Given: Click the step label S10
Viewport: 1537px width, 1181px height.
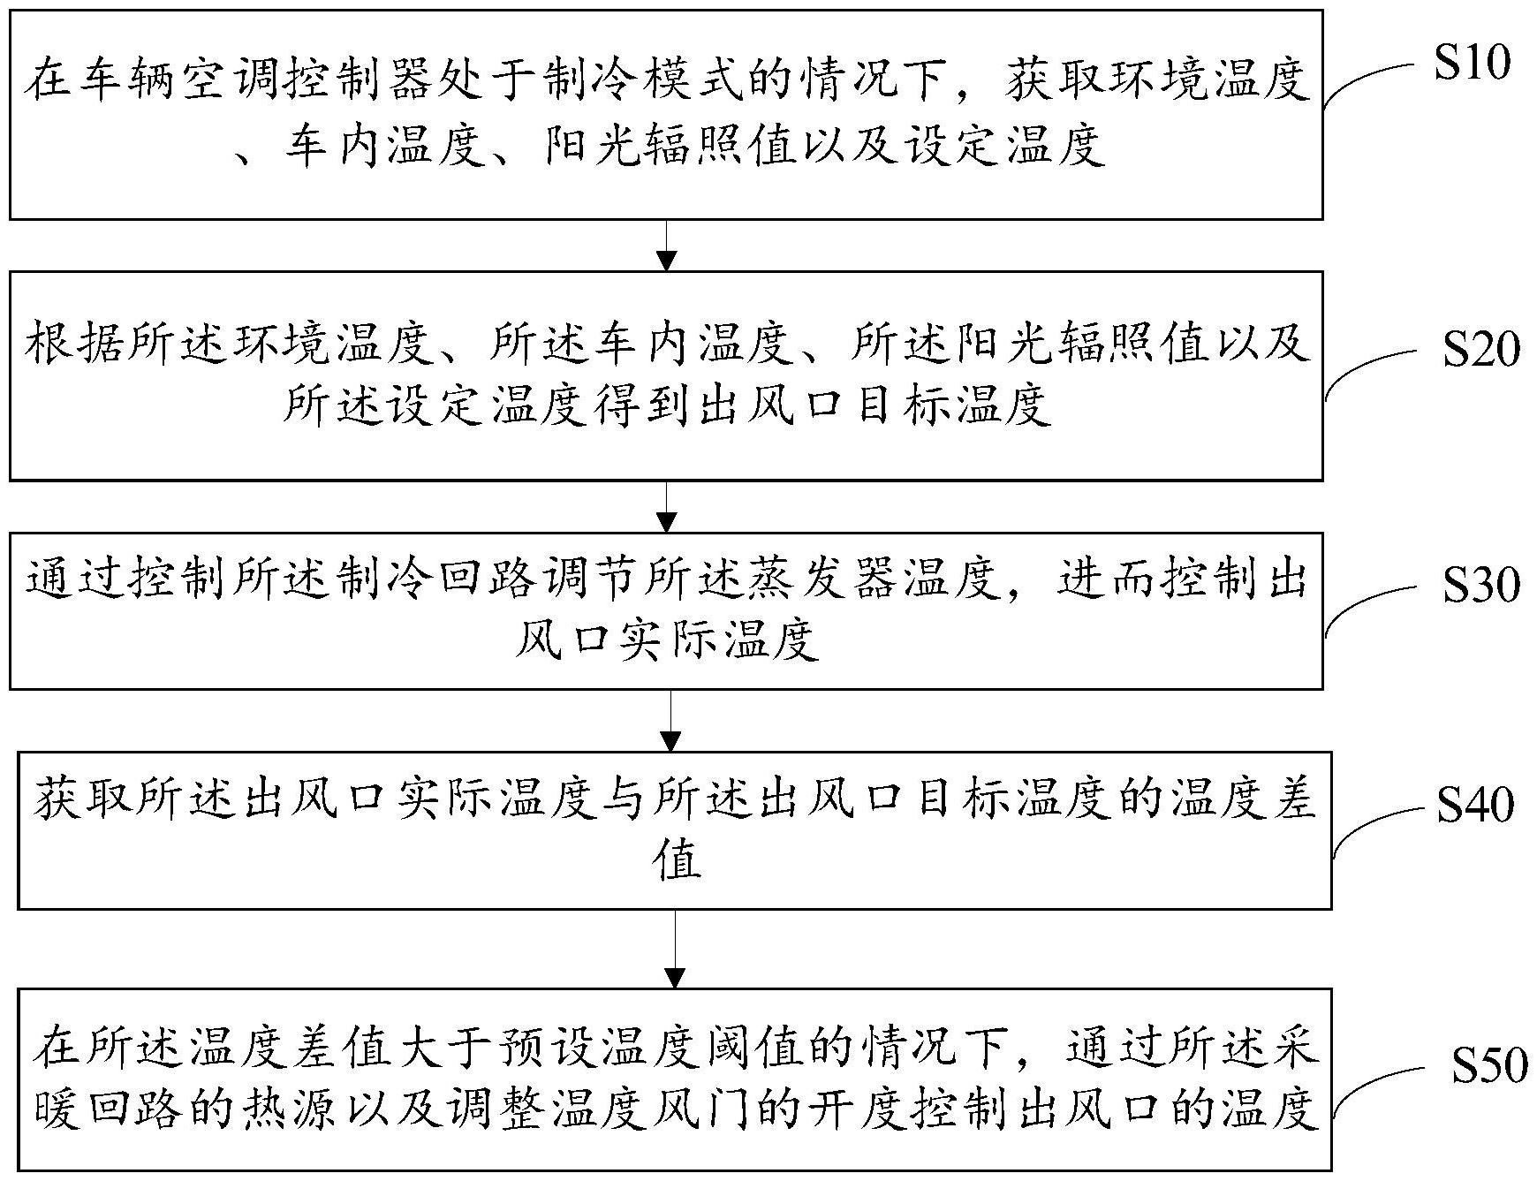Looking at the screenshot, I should pos(1472,63).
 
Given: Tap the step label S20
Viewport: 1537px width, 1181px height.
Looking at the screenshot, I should pos(1481,351).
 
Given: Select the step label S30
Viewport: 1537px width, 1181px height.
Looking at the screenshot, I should pos(1481,586).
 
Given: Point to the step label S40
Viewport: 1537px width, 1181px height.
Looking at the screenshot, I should pos(1475,805).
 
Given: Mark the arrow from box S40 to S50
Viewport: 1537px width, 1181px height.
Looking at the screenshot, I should pos(675,950).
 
